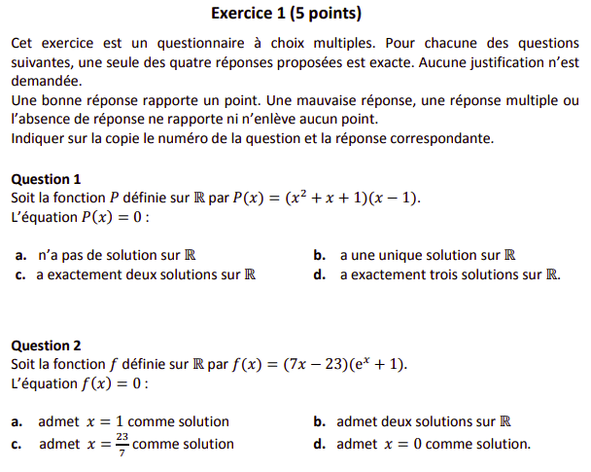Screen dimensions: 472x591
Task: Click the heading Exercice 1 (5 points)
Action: tap(286, 14)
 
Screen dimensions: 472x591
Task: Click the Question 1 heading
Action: tap(46, 179)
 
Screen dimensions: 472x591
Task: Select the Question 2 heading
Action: tap(46, 345)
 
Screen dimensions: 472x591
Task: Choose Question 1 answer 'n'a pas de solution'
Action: tap(117, 255)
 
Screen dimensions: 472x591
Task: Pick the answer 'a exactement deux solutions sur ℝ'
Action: tap(146, 274)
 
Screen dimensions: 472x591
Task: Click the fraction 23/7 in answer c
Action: tap(122, 444)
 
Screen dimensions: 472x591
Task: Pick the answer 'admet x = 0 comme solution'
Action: tap(434, 444)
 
